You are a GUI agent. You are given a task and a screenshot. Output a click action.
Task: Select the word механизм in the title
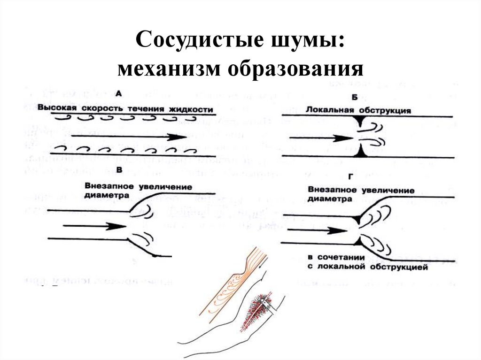coord(170,69)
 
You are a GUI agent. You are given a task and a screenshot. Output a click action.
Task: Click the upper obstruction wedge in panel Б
coord(359,122)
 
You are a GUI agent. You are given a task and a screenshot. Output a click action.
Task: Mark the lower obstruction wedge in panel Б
coord(360,153)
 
